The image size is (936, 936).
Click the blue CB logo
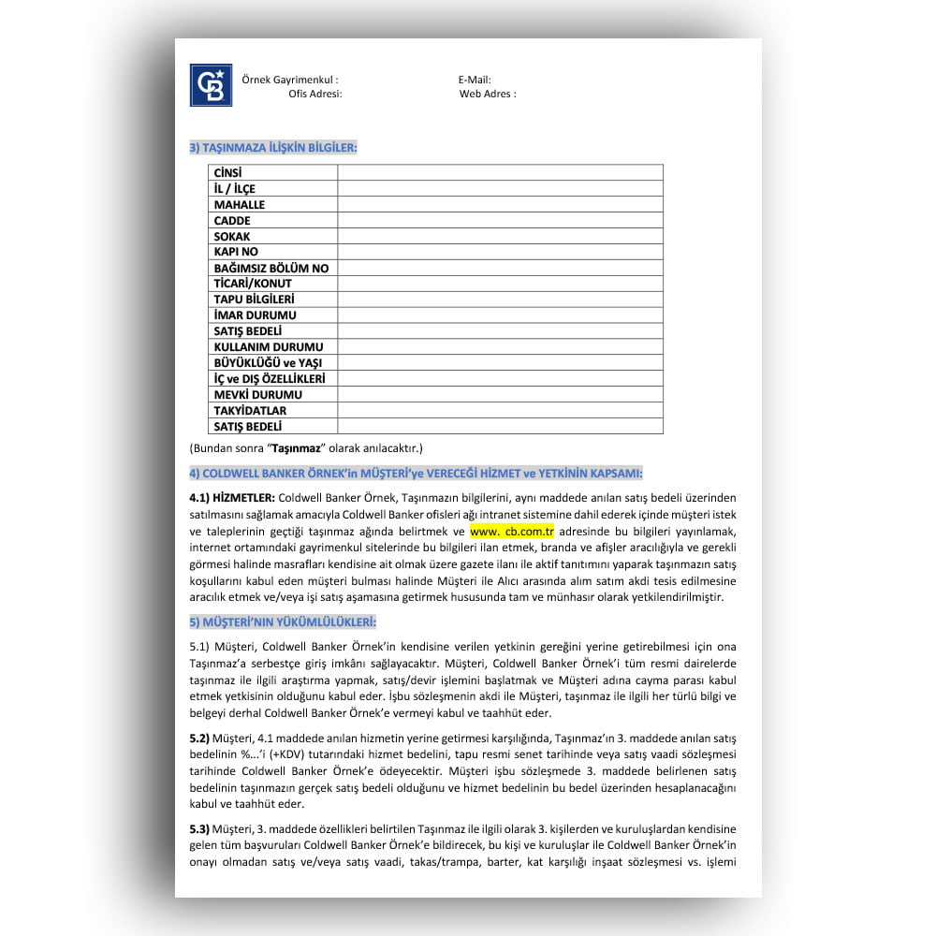tap(211, 85)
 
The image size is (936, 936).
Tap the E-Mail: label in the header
tap(475, 80)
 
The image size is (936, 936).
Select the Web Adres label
tap(488, 94)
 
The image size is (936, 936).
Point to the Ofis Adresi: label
tap(315, 94)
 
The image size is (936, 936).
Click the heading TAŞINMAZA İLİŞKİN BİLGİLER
tap(273, 147)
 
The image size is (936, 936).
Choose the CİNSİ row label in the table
tap(228, 173)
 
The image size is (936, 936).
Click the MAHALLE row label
tap(240, 205)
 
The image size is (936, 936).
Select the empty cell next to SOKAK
tap(500, 237)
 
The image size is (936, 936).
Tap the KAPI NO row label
tap(236, 252)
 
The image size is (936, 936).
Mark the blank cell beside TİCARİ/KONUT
tap(500, 284)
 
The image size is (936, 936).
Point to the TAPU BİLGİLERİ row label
tap(255, 300)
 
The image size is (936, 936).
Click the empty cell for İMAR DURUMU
tap(500, 315)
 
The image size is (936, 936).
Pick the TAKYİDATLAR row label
tap(250, 410)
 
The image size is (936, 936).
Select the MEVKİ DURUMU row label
tap(258, 394)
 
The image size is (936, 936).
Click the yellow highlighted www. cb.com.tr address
tap(512, 531)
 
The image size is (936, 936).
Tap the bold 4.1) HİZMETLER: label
tap(232, 496)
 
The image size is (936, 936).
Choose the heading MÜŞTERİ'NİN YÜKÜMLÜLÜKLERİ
tap(283, 622)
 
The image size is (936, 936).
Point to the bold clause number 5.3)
tap(199, 828)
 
